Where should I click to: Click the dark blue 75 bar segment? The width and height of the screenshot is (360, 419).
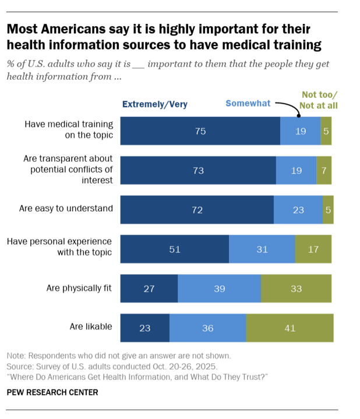(200, 131)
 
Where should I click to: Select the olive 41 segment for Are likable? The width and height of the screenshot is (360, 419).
(290, 328)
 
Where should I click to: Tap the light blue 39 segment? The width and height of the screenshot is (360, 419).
(219, 289)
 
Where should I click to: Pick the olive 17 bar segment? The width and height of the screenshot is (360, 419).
(313, 249)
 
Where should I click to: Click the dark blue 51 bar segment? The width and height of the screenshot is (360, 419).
(175, 249)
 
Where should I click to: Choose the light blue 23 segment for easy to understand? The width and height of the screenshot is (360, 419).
(298, 210)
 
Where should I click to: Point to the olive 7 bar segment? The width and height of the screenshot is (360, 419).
(324, 171)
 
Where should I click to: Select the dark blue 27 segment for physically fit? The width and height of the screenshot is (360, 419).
(149, 289)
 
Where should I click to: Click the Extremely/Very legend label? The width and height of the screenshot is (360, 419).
(154, 105)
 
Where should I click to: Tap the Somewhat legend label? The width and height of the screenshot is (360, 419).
(248, 104)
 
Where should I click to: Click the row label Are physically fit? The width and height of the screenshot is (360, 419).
(79, 287)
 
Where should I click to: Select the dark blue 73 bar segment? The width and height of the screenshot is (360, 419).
(198, 171)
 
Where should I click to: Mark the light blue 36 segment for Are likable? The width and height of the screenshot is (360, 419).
(208, 328)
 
